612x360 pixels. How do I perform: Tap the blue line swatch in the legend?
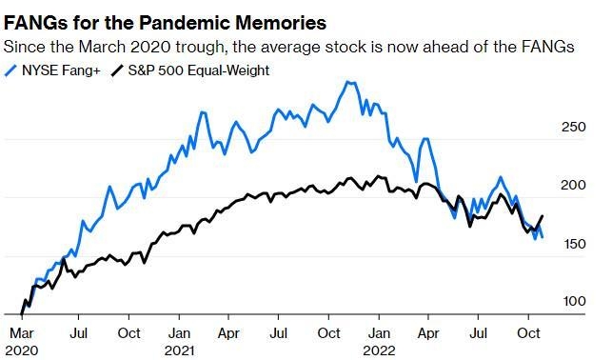point(11,70)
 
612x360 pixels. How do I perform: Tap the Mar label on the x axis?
point(22,332)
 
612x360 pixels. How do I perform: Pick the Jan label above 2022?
point(379,332)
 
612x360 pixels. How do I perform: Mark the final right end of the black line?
point(543,216)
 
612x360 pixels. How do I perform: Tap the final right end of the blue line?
point(542,236)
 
